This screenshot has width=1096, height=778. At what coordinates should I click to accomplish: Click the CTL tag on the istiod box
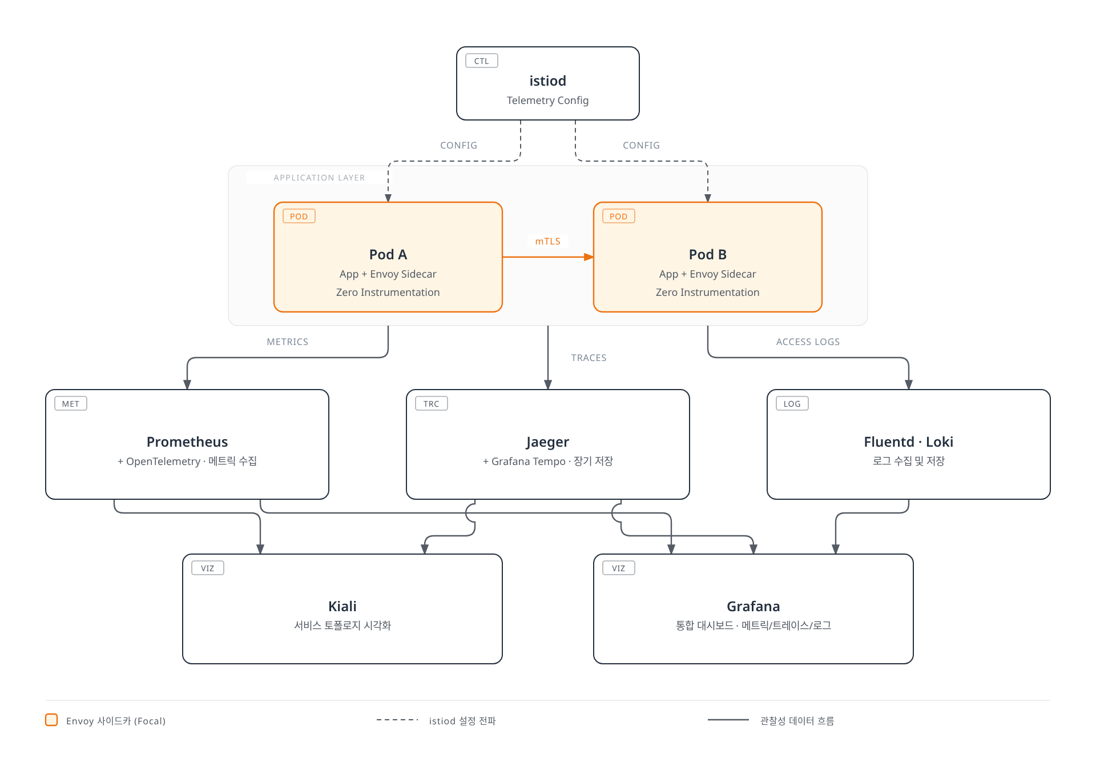tap(482, 61)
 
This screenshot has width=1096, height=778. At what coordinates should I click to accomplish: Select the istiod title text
tap(548, 81)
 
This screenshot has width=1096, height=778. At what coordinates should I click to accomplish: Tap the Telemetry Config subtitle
tap(548, 101)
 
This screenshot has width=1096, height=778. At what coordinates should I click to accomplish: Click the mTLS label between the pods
tap(548, 242)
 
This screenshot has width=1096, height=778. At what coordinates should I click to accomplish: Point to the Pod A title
tap(388, 255)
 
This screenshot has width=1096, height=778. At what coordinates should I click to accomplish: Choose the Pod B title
tap(708, 255)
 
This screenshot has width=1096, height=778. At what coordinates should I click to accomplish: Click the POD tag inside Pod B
tap(619, 216)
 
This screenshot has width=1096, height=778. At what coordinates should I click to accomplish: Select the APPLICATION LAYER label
tap(319, 178)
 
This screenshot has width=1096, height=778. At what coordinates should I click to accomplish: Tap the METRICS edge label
tap(288, 342)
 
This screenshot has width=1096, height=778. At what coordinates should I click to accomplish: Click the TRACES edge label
tap(589, 358)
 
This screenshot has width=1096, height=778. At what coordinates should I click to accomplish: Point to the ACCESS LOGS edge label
tap(808, 342)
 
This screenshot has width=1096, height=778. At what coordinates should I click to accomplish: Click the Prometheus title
tap(187, 442)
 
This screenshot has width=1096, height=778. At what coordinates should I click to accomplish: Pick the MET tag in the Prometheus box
tap(71, 404)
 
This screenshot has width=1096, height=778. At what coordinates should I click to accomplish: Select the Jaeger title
tap(548, 443)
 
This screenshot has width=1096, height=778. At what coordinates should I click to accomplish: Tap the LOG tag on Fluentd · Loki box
tap(792, 404)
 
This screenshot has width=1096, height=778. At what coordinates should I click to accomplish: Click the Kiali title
tap(342, 607)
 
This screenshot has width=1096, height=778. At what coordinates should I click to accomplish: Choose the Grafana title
tap(753, 607)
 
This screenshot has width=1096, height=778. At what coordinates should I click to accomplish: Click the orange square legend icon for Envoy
tap(51, 720)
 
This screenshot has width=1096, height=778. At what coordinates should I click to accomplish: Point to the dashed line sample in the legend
tap(397, 720)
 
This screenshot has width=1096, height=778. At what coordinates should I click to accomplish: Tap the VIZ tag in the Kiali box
tap(208, 568)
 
